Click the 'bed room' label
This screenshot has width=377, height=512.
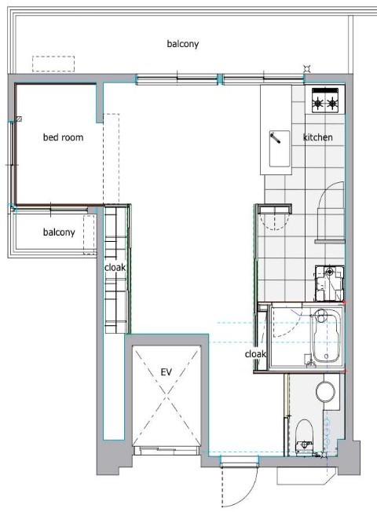pyautogui.click(x=63, y=137)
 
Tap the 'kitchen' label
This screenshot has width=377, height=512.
pyautogui.click(x=318, y=137)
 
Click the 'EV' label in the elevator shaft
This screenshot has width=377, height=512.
pyautogui.click(x=166, y=372)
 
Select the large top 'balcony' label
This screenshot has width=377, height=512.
pyautogui.click(x=183, y=44)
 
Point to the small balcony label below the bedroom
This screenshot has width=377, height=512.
pyautogui.click(x=59, y=232)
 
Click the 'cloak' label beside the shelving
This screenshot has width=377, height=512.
pyautogui.click(x=115, y=268)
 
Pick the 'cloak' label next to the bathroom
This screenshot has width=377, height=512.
pyautogui.click(x=255, y=354)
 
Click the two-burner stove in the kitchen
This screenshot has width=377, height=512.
pyautogui.click(x=324, y=100)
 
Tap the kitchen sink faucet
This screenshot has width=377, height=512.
pyautogui.click(x=275, y=137)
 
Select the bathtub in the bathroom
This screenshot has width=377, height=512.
pyautogui.click(x=327, y=336)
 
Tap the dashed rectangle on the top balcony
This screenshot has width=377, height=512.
pyautogui.click(x=53, y=64)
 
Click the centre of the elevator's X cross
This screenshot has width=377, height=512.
pyautogui.click(x=167, y=396)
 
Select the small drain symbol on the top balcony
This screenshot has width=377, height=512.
pyautogui.click(x=306, y=68)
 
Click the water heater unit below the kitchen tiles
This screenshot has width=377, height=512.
pyautogui.click(x=329, y=283)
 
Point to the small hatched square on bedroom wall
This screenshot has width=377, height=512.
pyautogui.click(x=20, y=119)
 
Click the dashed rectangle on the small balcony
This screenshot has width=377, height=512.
pyautogui.click(x=89, y=235)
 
